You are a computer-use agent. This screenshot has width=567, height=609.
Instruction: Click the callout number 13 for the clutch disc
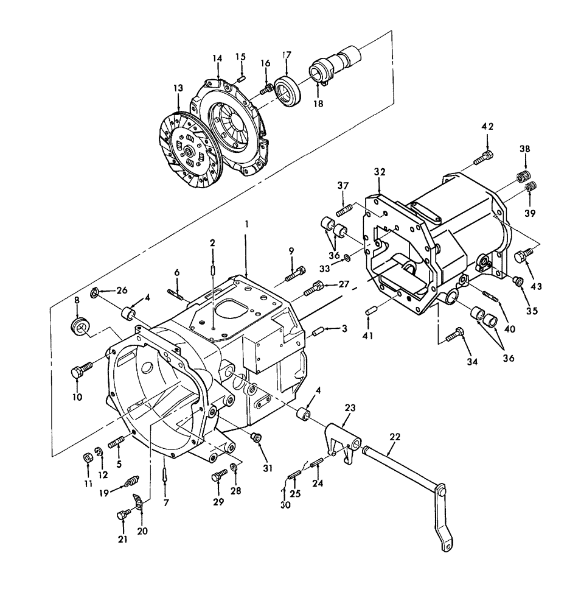(178, 88)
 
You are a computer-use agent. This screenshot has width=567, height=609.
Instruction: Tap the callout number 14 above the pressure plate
(217, 58)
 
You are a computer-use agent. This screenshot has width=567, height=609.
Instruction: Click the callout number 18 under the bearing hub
(319, 104)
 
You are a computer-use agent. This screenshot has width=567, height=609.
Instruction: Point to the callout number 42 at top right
(487, 127)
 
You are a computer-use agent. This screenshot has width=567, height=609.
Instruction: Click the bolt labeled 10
(80, 371)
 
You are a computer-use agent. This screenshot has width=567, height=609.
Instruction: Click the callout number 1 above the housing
(246, 225)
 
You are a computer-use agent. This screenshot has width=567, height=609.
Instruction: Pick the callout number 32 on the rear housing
(380, 172)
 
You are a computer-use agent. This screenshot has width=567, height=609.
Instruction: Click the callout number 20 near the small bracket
(143, 530)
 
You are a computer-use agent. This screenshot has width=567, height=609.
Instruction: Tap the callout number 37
(342, 186)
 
